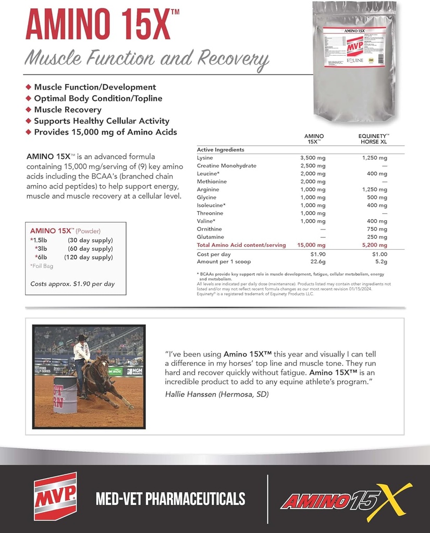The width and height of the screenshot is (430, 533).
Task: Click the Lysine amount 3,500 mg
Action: [x=313, y=158]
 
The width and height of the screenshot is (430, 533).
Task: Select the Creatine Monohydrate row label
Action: [x=219, y=166]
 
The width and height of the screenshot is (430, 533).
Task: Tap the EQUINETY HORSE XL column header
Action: [x=374, y=138]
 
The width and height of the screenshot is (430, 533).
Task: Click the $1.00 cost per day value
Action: [x=379, y=254]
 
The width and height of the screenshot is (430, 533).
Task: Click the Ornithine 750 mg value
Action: [x=377, y=229]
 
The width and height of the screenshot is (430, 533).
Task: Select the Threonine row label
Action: [x=210, y=213]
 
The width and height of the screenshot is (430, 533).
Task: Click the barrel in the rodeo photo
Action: [x=65, y=395]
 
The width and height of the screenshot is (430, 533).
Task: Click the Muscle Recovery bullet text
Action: [x=68, y=110]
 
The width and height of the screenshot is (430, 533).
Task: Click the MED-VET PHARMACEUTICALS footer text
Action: [x=170, y=499]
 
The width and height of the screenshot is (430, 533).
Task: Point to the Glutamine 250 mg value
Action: [x=377, y=237]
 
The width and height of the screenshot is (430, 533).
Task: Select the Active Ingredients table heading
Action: [x=220, y=150]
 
